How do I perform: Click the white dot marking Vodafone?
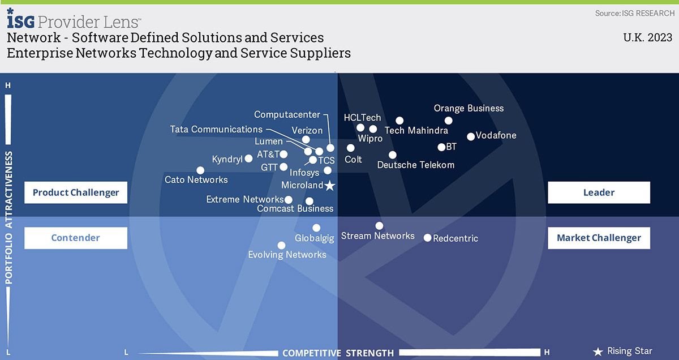[x=471, y=137]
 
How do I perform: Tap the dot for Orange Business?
[x=449, y=121]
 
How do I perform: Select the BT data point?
[x=441, y=147]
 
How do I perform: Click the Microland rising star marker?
[x=330, y=186]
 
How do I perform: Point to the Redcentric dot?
[x=427, y=238]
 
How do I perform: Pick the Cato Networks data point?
[x=200, y=170]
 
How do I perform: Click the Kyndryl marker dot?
[x=248, y=158]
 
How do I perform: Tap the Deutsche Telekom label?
[x=415, y=165]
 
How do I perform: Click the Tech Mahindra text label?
[x=416, y=130]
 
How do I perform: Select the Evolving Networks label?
[x=287, y=255]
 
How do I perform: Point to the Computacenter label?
[x=287, y=115]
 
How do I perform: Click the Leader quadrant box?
[x=599, y=192]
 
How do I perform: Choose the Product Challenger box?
[x=76, y=192]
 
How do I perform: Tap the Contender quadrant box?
[x=76, y=238]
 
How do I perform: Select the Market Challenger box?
[x=599, y=238]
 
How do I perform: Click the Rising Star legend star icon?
[x=598, y=352]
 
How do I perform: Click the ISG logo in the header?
[x=20, y=19]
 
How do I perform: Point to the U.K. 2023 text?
[x=647, y=37]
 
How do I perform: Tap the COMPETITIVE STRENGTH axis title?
[x=338, y=353]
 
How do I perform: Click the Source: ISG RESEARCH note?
[x=635, y=14]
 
